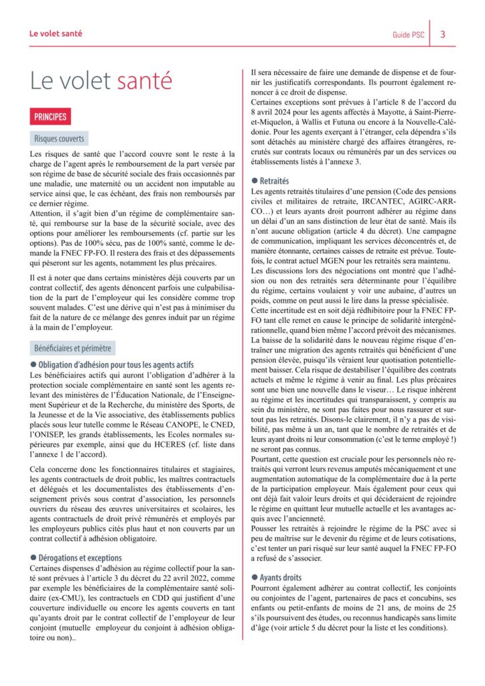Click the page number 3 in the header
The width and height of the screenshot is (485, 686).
click(443, 35)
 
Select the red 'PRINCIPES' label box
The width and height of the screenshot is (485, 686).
click(51, 117)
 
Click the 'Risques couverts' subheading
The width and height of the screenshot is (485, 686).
click(60, 139)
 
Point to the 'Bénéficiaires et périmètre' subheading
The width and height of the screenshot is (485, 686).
click(74, 348)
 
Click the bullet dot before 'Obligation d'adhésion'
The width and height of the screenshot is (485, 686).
click(33, 365)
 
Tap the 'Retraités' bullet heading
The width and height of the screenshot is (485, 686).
click(274, 180)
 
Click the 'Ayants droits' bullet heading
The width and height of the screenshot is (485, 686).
click(280, 577)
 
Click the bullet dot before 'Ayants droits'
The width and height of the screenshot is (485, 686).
click(254, 577)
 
